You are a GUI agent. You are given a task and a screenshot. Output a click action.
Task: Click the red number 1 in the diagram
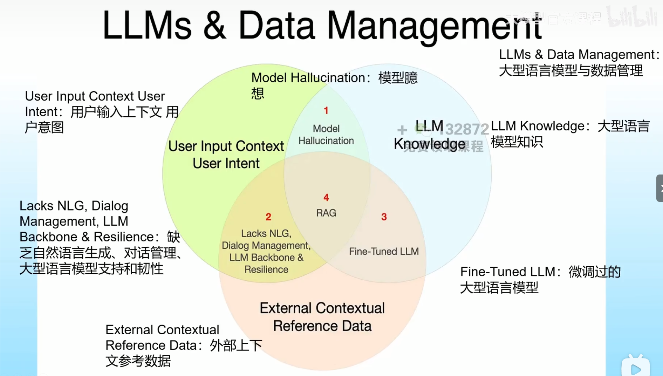pyautogui.click(x=326, y=111)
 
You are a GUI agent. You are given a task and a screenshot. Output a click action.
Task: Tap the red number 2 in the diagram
pyautogui.click(x=268, y=217)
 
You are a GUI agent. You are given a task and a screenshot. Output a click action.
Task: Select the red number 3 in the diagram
pyautogui.click(x=384, y=217)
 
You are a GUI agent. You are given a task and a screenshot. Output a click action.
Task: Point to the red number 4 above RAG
pyautogui.click(x=326, y=198)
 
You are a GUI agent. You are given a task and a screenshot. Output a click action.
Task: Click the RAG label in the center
pyautogui.click(x=326, y=213)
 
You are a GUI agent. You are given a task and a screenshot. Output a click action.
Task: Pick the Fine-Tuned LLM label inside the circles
pyautogui.click(x=384, y=252)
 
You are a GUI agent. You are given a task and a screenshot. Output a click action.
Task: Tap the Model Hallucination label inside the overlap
pyautogui.click(x=326, y=135)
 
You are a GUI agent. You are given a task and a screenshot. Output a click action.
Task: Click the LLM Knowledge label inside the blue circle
pyautogui.click(x=429, y=135)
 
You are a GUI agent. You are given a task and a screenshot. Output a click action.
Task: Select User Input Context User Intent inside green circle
pyautogui.click(x=226, y=155)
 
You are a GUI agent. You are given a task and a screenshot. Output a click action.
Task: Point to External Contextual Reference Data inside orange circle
pyautogui.click(x=322, y=317)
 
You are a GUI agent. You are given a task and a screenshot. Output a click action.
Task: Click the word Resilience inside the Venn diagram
pyautogui.click(x=266, y=269)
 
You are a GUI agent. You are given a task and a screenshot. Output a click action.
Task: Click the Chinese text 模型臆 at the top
pyautogui.click(x=398, y=78)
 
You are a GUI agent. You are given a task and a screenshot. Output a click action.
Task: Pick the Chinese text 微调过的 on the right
pyautogui.click(x=595, y=272)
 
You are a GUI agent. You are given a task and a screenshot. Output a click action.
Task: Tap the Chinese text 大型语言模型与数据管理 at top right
pyautogui.click(x=570, y=71)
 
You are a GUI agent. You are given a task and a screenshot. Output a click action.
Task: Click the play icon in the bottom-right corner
pyautogui.click(x=636, y=368)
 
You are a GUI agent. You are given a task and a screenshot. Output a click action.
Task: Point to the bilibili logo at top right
pyautogui.click(x=632, y=17)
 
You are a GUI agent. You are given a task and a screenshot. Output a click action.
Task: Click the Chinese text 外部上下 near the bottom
pyautogui.click(x=236, y=346)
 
